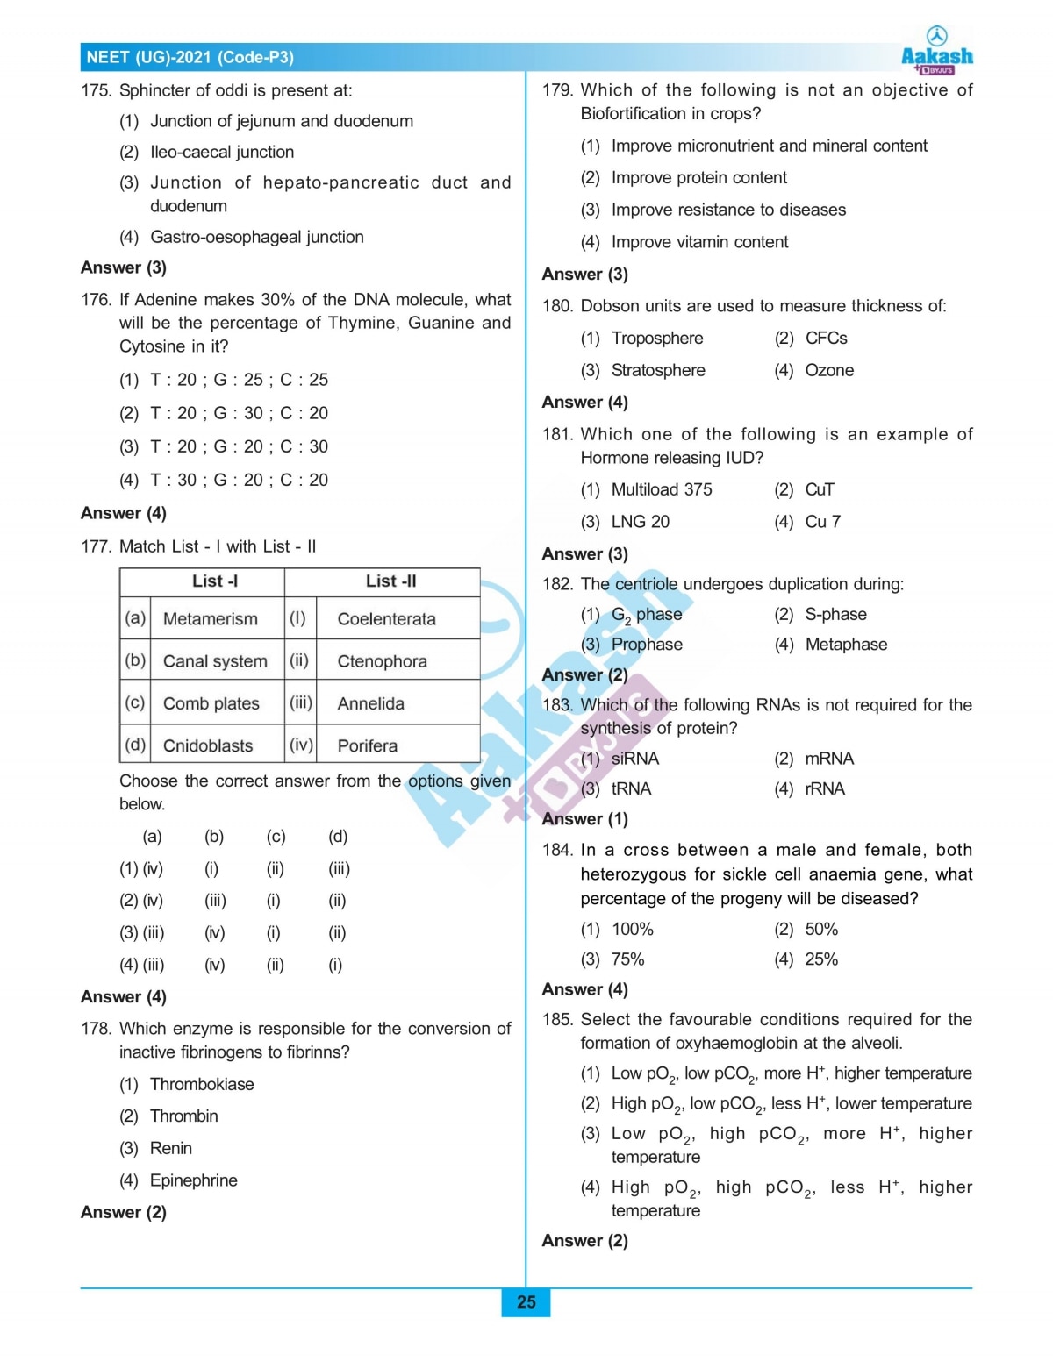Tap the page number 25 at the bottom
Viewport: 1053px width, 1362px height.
pyautogui.click(x=526, y=1302)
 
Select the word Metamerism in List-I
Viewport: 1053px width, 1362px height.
pyautogui.click(x=211, y=619)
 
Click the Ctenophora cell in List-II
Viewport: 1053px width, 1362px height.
pyautogui.click(x=383, y=661)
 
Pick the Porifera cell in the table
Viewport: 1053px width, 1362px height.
pyautogui.click(x=368, y=745)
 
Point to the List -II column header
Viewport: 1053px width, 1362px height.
pyautogui.click(x=390, y=581)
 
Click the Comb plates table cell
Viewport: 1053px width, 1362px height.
pyautogui.click(x=211, y=703)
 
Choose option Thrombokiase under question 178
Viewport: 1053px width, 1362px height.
pyautogui.click(x=202, y=1084)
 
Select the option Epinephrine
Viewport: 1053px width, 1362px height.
pyautogui.click(x=194, y=1180)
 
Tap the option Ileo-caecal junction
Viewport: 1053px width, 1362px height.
pyautogui.click(x=222, y=152)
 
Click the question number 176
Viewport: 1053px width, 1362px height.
pyautogui.click(x=96, y=300)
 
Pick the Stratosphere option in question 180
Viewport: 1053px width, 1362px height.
pyautogui.click(x=658, y=370)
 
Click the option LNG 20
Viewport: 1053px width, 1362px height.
pyautogui.click(x=641, y=522)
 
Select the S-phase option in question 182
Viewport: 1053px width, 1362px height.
pyautogui.click(x=835, y=614)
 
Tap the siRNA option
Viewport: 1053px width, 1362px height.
pyautogui.click(x=635, y=759)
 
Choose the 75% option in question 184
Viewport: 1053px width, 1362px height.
pyautogui.click(x=628, y=959)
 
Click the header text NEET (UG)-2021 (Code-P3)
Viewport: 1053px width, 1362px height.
pyautogui.click(x=190, y=58)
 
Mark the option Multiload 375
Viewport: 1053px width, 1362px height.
pyautogui.click(x=662, y=489)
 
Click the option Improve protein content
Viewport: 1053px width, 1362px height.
pyautogui.click(x=699, y=178)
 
